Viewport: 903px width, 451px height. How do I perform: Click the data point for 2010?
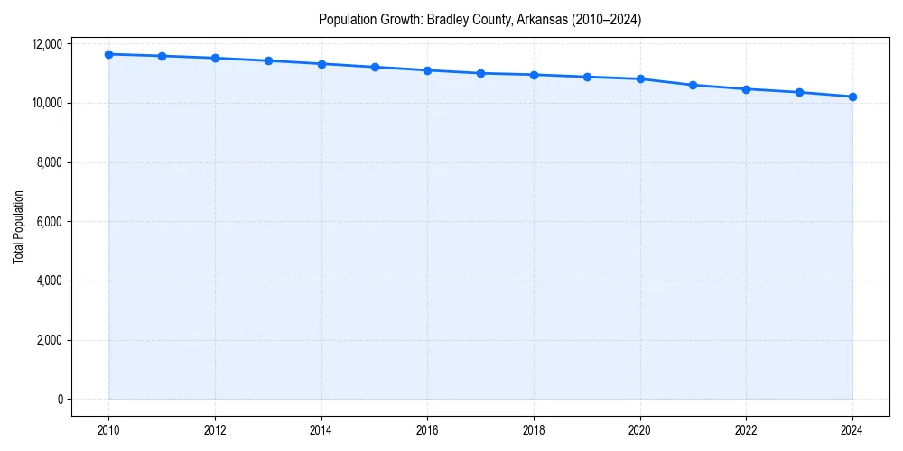click(x=108, y=54)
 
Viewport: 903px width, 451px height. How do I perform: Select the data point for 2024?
click(x=852, y=97)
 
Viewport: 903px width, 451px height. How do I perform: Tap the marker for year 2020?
click(x=640, y=78)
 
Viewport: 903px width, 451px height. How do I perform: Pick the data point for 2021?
click(x=693, y=85)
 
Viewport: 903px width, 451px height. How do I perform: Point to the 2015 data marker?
click(x=374, y=67)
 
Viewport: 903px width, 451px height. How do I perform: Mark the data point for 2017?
click(x=480, y=73)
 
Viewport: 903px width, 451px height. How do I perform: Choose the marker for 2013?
click(x=268, y=60)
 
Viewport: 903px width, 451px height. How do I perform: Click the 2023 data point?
click(x=799, y=92)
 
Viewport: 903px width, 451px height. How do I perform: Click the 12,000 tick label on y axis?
click(x=47, y=44)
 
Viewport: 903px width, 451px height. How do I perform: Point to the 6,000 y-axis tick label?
click(x=50, y=222)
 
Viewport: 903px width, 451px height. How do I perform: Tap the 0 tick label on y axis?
click(x=59, y=400)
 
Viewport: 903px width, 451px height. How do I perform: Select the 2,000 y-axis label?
click(x=50, y=340)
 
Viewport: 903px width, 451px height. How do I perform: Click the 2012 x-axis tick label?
click(x=215, y=430)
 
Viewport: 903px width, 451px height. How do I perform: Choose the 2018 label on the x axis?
click(x=534, y=430)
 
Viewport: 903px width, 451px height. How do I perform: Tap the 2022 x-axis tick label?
click(x=746, y=430)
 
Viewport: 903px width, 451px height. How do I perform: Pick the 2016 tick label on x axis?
click(x=427, y=430)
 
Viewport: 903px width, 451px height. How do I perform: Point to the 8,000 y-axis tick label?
click(x=50, y=162)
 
